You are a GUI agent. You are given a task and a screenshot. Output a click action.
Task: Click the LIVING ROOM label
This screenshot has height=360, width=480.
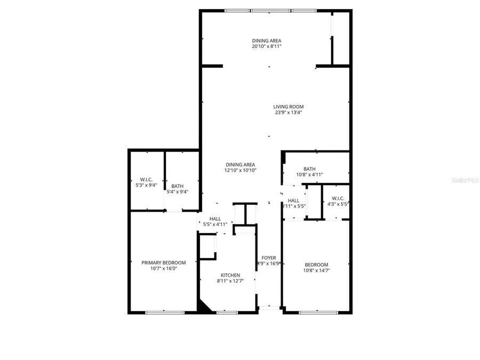coord(289,107)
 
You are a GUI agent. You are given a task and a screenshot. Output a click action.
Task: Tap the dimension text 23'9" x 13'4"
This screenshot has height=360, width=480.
coord(289,113)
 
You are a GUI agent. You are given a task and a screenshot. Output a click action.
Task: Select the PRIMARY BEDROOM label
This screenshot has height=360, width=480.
coord(164,262)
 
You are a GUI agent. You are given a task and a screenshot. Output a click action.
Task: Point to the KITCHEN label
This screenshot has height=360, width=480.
coord(225,275)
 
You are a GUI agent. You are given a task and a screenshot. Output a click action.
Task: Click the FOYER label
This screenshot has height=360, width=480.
coord(268,258)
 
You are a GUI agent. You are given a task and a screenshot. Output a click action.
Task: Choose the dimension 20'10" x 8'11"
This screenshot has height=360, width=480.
coord(267,46)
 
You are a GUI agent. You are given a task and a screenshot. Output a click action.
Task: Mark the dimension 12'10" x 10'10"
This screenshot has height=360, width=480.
coord(241,171)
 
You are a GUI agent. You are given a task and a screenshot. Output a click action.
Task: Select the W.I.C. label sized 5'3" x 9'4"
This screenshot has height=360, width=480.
coord(146,180)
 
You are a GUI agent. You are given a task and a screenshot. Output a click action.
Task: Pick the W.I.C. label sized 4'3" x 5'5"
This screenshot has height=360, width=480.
coord(338,198)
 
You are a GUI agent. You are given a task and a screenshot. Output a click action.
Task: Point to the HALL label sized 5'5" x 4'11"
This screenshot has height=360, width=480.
coord(215,219)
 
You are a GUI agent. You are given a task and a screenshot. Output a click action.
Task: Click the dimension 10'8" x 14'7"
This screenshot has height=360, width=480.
coord(316,270)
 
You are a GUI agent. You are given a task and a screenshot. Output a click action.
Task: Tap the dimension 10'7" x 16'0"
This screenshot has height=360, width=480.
coord(163,268)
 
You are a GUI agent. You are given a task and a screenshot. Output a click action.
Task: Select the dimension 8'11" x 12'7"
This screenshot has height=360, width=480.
coord(225,281)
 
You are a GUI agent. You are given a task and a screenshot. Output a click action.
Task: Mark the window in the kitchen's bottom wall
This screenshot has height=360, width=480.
coord(227,312)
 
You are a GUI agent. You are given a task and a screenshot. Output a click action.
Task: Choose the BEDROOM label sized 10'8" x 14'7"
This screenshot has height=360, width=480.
coord(316,265)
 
